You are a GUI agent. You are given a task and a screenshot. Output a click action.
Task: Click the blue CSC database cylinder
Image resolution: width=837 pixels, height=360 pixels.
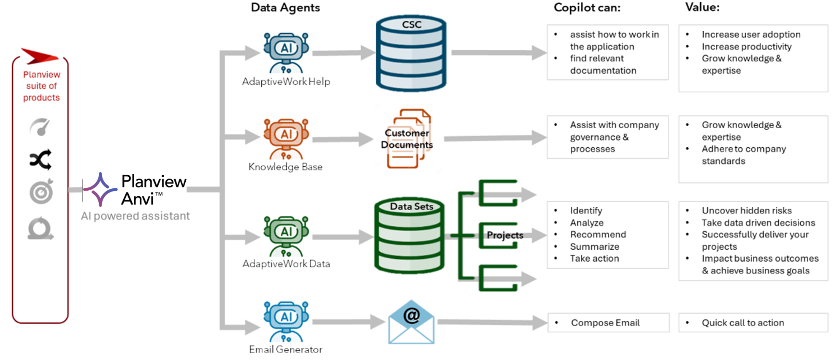tap(411, 54)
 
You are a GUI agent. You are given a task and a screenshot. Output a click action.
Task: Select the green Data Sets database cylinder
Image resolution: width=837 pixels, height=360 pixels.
tap(409, 235)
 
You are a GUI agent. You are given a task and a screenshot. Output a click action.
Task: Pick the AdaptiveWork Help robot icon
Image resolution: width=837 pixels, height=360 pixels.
tap(286, 52)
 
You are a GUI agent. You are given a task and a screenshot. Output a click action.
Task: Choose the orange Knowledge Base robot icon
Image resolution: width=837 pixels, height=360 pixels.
tap(286, 138)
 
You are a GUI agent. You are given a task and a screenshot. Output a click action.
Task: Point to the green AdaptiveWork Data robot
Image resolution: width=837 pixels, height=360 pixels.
tap(286, 235)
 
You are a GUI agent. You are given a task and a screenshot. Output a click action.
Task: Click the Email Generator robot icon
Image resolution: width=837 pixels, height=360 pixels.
tap(286, 321)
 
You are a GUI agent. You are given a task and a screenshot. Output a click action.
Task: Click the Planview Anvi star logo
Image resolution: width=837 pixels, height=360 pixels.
tap(100, 189)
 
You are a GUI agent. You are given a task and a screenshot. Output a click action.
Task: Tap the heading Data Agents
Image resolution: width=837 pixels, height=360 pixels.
tap(285, 8)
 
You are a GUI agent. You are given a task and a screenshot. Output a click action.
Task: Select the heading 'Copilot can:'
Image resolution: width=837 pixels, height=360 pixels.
tap(587, 8)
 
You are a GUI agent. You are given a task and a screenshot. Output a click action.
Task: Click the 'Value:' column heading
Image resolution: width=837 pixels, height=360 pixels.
tap(702, 7)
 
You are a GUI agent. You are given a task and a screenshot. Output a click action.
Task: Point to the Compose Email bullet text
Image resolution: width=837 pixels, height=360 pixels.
tap(605, 323)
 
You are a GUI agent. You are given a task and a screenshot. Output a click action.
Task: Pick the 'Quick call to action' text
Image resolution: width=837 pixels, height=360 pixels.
tap(742, 323)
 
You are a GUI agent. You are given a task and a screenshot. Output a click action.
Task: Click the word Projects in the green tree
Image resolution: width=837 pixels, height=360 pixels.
tap(505, 235)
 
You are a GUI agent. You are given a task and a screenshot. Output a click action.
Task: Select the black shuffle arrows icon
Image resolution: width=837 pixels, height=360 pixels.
tap(41, 160)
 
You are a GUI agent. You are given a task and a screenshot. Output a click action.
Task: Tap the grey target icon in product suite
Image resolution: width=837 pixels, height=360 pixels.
tap(41, 192)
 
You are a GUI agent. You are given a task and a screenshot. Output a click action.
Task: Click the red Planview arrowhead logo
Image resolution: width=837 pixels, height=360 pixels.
tap(39, 56)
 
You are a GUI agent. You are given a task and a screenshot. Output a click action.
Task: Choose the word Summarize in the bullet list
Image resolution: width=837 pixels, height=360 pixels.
tap(594, 246)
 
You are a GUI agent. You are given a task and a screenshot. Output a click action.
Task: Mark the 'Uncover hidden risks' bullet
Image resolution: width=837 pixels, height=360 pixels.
tap(746, 211)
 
